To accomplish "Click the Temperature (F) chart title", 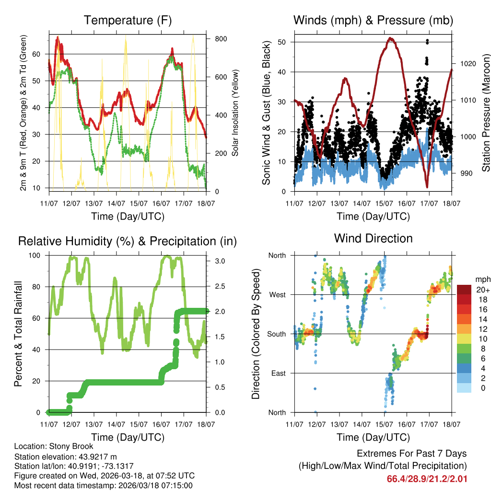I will (x=128, y=21).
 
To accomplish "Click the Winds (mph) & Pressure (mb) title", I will (x=373, y=21).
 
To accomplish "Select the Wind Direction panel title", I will (x=373, y=238).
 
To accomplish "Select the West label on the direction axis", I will (x=277, y=295).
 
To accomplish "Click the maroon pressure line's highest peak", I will (x=391, y=38).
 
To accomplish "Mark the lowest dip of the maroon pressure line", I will (x=427, y=187).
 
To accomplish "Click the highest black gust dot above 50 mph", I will (x=427, y=41).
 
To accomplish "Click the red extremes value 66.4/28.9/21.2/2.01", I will (x=427, y=479).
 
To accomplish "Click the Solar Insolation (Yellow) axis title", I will (x=235, y=113).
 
